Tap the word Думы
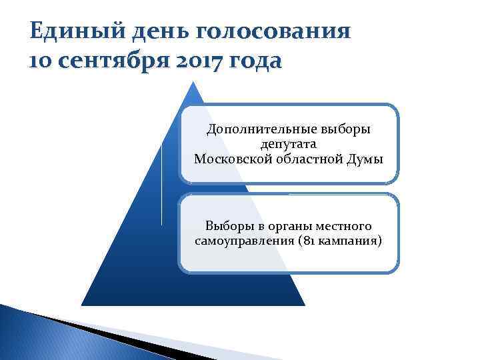[x=367, y=158]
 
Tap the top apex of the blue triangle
[x=193, y=82]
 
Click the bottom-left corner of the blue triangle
[x=83, y=305]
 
